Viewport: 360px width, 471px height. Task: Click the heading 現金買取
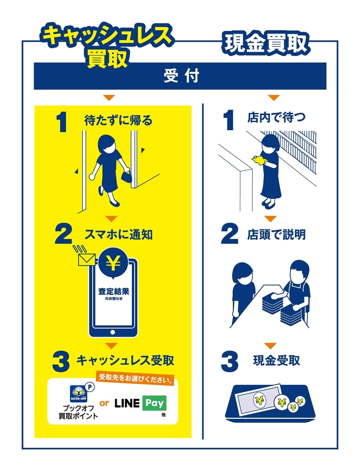click(x=265, y=44)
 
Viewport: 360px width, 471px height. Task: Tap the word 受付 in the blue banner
click(x=181, y=76)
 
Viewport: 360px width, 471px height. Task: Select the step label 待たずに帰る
click(x=118, y=120)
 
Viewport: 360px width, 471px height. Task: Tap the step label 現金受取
click(x=277, y=360)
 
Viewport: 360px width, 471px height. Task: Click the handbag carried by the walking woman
click(x=126, y=176)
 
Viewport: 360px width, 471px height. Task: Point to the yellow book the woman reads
click(x=260, y=160)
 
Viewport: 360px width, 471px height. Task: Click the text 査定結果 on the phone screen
click(x=114, y=292)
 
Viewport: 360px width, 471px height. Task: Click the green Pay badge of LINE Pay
click(x=154, y=403)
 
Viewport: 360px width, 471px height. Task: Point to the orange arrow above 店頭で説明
click(x=270, y=218)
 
